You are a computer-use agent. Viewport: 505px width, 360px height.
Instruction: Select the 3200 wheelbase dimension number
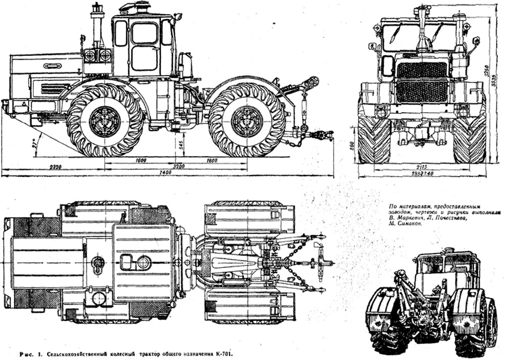(x=176, y=166)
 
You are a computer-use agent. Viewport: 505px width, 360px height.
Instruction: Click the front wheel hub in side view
(x=105, y=121)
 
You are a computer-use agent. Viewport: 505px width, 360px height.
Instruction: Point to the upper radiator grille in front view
(x=422, y=70)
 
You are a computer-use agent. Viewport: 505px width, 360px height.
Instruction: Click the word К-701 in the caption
(x=224, y=352)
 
